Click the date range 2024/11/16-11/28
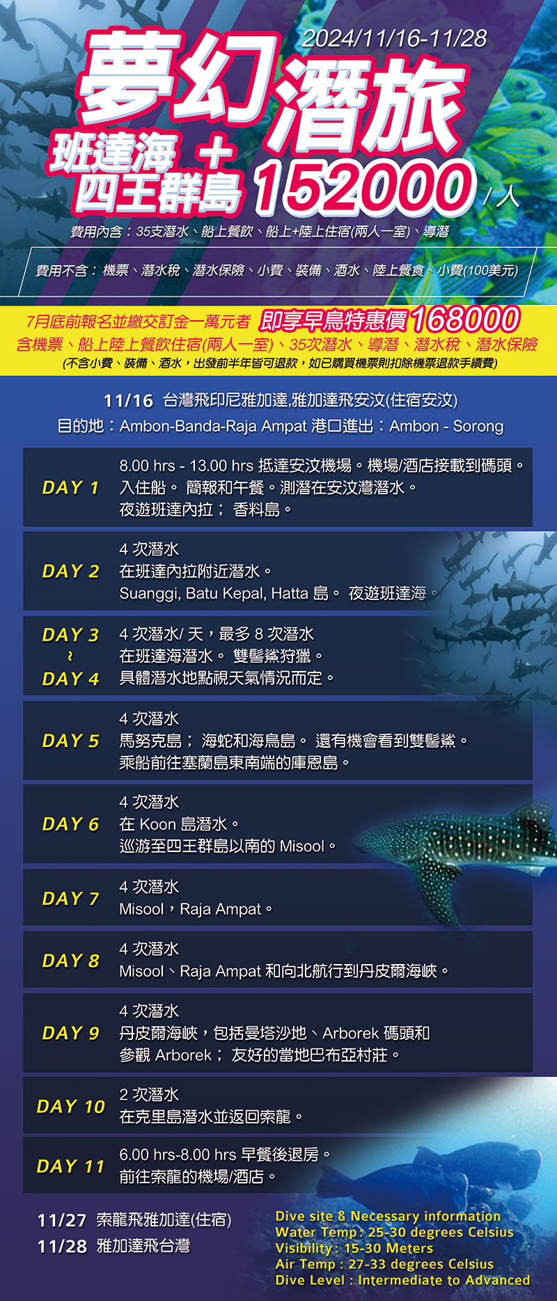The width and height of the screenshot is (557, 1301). click(394, 38)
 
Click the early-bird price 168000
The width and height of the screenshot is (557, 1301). click(465, 320)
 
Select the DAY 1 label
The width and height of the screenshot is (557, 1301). click(71, 487)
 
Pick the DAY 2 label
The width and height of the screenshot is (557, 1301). click(71, 571)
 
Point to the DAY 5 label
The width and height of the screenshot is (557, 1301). click(71, 741)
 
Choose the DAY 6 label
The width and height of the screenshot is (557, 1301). click(71, 824)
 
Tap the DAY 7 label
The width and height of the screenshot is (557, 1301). click(71, 899)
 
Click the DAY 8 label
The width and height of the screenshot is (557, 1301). click(71, 961)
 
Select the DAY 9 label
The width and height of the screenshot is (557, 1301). click(71, 1033)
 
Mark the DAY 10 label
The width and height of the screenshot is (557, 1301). click(71, 1106)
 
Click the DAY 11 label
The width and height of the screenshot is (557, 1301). click(71, 1166)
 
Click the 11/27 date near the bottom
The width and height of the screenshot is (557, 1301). click(62, 1220)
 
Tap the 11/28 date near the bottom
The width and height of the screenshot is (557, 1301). click(62, 1246)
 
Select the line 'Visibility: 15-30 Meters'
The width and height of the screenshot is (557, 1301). click(354, 1248)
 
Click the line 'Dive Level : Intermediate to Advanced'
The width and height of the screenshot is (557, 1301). click(402, 1280)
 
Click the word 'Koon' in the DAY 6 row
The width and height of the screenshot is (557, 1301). click(158, 824)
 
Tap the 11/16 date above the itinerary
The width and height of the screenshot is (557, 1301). click(128, 401)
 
